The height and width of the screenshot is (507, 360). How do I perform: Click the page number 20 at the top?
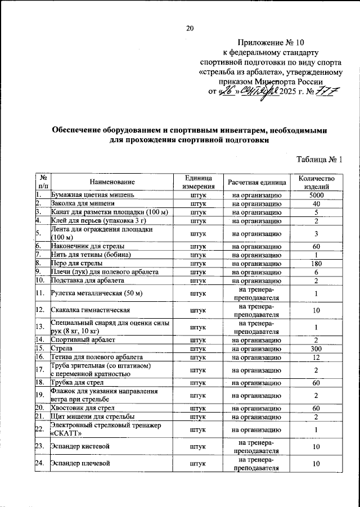(190, 29)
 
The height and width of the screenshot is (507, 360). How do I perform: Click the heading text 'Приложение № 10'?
(270, 42)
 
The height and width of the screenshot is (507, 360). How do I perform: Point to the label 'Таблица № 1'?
(319, 160)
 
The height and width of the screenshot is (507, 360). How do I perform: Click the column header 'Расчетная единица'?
(256, 182)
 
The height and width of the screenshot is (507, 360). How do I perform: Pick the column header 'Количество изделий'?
(317, 182)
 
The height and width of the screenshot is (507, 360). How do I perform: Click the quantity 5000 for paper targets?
(317, 194)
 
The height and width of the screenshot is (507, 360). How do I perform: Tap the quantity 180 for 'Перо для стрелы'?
(317, 262)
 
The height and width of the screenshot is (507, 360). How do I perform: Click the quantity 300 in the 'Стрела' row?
(317, 348)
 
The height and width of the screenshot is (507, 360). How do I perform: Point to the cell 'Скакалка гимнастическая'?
(91, 310)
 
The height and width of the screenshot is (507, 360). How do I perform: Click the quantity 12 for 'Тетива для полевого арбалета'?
(317, 357)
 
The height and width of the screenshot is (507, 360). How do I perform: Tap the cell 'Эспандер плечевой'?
(80, 463)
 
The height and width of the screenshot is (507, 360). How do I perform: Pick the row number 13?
(40, 327)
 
